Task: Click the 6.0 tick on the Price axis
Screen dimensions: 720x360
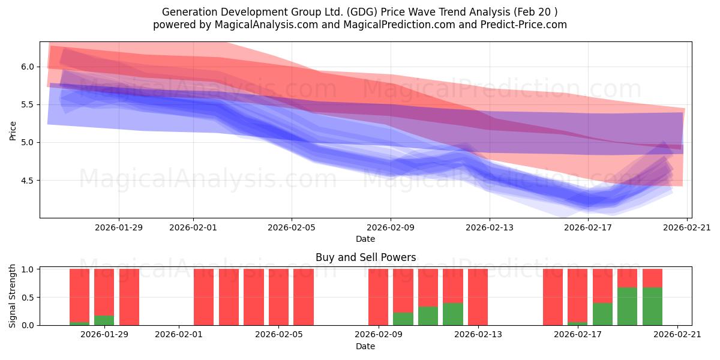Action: point(28,67)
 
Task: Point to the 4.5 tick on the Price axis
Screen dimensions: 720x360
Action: point(28,181)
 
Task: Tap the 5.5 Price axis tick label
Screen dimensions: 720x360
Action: point(28,105)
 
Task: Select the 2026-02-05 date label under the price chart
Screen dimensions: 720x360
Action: point(292,227)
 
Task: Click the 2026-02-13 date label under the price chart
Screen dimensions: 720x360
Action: point(490,227)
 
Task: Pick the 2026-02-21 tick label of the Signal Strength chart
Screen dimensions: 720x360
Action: point(677,334)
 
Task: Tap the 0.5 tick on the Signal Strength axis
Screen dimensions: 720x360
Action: point(28,298)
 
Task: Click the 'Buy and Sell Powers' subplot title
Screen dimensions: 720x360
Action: point(366,257)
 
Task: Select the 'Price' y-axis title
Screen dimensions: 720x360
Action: point(13,131)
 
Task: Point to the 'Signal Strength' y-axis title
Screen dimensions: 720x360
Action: point(12,296)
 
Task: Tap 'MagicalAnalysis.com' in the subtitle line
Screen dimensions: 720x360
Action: point(266,25)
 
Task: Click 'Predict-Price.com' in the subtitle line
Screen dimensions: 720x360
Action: point(524,25)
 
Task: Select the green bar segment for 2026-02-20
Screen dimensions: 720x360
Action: point(653,307)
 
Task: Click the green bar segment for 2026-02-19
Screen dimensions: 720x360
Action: point(627,307)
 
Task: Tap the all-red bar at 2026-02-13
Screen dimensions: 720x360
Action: point(478,297)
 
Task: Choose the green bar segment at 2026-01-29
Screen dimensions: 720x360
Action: point(104,320)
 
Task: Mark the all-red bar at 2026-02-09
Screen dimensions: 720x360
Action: point(379,297)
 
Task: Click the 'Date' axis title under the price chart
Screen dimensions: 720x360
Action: point(365,239)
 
